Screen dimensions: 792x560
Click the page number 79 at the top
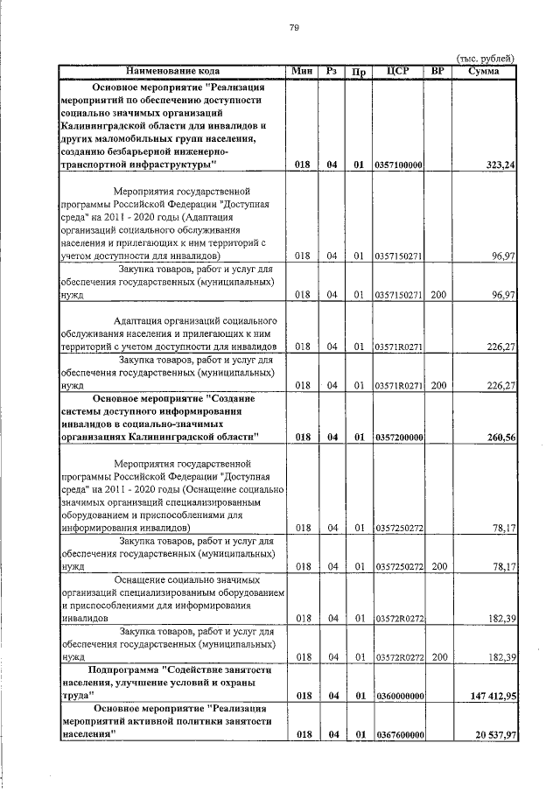point(295,28)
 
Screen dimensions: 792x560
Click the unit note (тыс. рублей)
point(486,58)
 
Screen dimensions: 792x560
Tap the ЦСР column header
point(397,70)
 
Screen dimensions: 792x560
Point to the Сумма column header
point(484,70)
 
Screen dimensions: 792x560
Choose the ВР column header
point(437,70)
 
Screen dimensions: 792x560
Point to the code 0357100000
point(398,164)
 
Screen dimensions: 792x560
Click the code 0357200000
point(398,436)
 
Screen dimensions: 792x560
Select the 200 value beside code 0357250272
point(438,566)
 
